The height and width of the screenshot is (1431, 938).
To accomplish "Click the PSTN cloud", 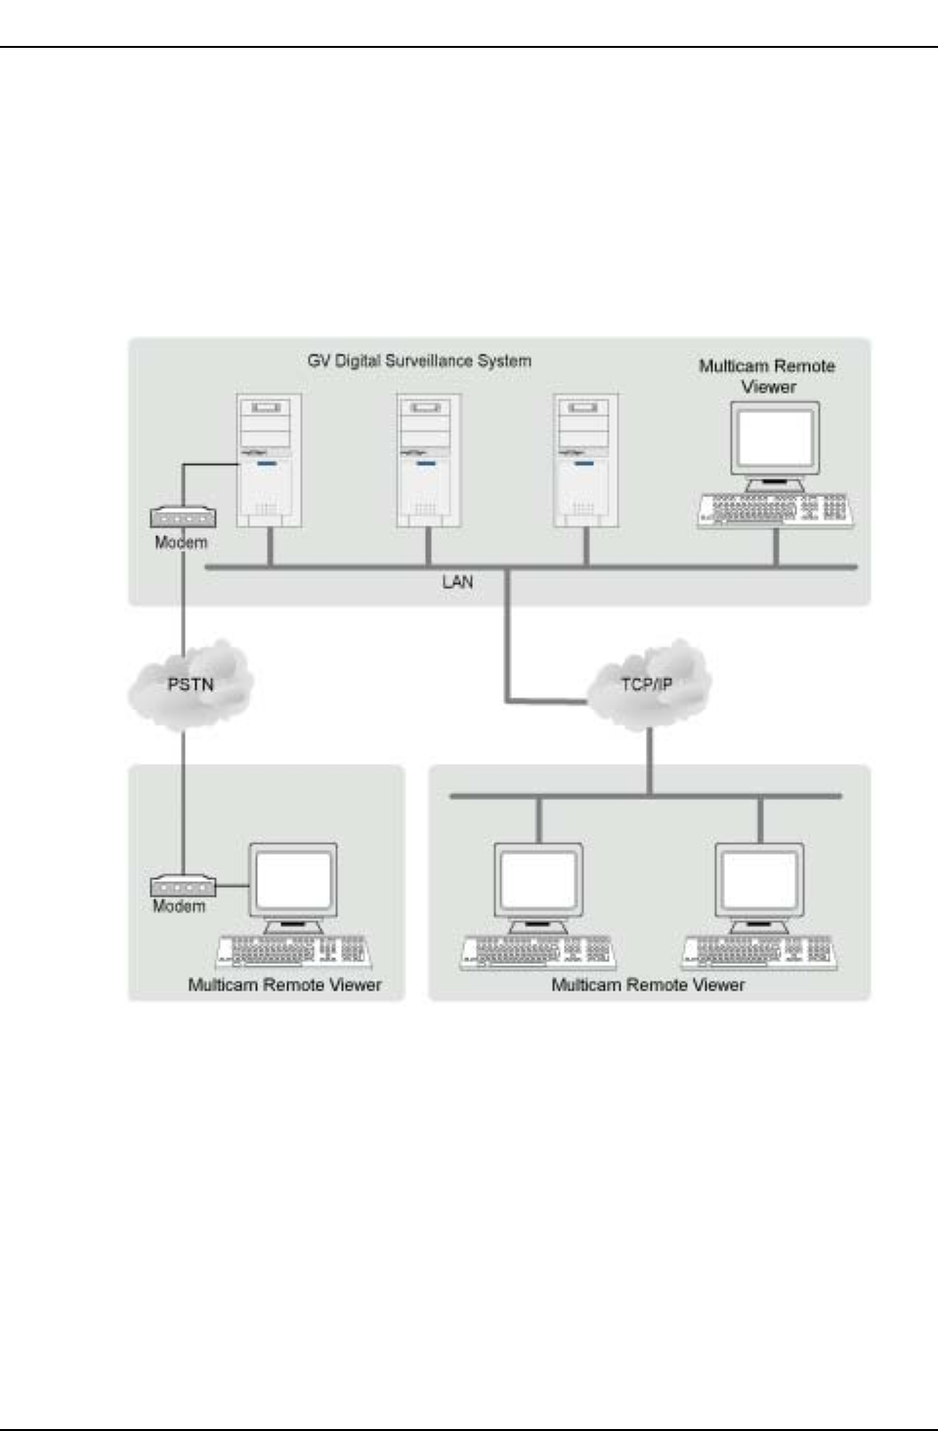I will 191,685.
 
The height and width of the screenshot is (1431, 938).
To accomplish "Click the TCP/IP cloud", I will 647,685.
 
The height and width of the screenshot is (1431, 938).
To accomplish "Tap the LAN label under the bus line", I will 457,582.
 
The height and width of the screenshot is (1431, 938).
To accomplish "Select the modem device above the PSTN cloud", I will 183,518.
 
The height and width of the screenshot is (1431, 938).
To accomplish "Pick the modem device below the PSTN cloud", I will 183,886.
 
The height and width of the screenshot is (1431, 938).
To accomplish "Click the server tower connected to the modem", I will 270,460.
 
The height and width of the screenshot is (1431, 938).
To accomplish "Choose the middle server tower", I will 428,460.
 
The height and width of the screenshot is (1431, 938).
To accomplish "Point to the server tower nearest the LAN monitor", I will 585,460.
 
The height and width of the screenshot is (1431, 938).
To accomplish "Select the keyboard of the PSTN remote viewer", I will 292,952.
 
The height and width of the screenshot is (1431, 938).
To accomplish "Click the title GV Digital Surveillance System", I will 419,361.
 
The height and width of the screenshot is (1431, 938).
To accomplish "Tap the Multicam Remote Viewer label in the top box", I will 767,376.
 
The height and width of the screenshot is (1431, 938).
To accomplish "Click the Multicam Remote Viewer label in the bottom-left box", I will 284,985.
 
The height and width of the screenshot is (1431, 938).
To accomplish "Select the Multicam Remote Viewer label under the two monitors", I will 648,985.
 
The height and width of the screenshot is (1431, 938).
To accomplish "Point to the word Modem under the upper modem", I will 181,542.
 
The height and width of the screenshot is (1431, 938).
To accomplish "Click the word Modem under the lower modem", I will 179,906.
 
